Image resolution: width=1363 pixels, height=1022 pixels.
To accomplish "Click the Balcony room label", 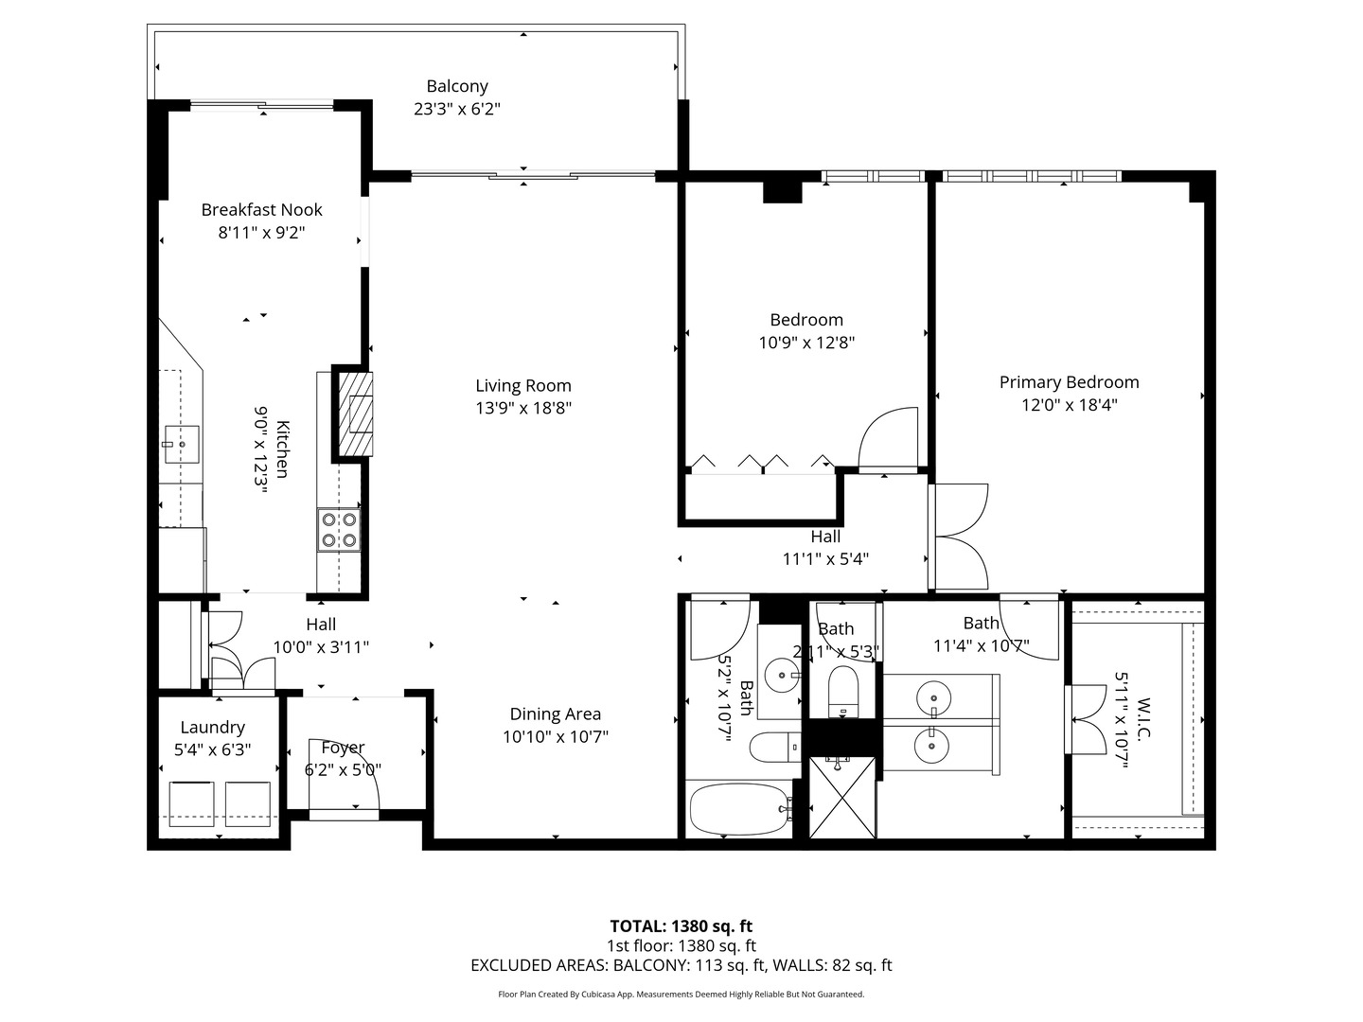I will coord(456,86).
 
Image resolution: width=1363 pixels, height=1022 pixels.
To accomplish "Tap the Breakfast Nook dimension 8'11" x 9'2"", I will coord(261,233).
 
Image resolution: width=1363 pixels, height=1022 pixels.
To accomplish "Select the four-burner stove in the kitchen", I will coord(339,529).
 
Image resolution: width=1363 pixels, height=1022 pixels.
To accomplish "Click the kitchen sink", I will coord(181,444).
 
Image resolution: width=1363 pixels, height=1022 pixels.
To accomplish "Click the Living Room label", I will coord(522,385).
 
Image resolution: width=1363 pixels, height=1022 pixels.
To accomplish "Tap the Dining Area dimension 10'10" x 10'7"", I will coord(555,737).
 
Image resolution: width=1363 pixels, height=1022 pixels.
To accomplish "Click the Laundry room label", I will coord(212,727).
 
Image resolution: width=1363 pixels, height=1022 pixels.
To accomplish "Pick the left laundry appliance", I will coord(192,803).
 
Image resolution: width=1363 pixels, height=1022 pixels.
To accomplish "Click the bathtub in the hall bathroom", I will coord(739,810).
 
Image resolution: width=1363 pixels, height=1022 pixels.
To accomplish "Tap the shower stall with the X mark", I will coord(842,797).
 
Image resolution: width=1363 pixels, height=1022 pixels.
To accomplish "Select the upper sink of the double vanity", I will coord(933,698).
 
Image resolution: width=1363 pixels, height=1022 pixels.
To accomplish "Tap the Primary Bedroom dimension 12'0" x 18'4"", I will coord(1069,405).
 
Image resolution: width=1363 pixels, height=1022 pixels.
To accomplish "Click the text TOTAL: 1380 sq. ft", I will coord(681,926).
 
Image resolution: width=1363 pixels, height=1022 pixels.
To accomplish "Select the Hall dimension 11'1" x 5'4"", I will coord(825,558).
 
